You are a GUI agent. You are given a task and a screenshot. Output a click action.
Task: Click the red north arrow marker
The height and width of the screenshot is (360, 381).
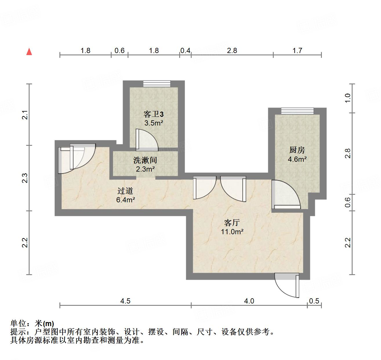click(x=29, y=52)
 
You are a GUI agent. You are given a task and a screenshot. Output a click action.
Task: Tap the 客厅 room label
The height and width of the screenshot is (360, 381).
click(x=232, y=223)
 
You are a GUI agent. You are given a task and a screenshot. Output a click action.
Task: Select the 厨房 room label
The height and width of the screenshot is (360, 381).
click(x=297, y=150)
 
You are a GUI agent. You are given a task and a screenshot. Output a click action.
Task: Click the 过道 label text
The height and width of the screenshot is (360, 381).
click(x=125, y=191)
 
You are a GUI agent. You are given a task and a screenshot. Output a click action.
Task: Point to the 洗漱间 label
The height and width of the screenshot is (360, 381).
click(x=145, y=160)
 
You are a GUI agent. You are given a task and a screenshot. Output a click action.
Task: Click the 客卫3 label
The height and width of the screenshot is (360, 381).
click(x=153, y=114)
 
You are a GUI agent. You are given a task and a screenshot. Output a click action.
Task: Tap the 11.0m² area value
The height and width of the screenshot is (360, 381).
click(x=232, y=232)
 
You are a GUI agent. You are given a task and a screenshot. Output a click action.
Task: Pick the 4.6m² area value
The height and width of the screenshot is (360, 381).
click(x=297, y=159)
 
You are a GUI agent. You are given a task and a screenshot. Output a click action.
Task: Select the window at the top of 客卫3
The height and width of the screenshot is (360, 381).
click(x=157, y=83)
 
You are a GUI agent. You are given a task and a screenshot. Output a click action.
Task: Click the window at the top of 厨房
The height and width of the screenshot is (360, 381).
click(x=297, y=111)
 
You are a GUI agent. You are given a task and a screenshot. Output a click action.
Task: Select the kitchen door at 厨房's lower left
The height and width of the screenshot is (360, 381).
click(x=286, y=194)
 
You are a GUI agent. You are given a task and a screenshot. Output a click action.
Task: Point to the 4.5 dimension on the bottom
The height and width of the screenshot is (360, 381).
click(x=125, y=301)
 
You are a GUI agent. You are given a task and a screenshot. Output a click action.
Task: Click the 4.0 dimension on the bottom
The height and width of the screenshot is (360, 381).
click(x=249, y=301)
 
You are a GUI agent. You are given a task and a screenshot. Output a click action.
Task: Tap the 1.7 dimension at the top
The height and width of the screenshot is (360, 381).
click(x=297, y=51)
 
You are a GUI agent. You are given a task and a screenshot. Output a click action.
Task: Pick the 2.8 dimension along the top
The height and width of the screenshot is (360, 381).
click(x=232, y=51)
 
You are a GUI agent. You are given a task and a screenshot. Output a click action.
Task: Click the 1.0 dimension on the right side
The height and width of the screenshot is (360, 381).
click(x=348, y=98)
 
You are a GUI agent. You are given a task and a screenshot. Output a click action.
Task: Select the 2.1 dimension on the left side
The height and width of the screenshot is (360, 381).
click(x=26, y=115)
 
